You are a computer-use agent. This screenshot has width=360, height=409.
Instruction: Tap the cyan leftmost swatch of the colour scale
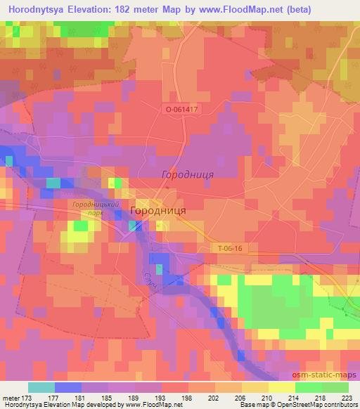[x=41, y=387]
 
